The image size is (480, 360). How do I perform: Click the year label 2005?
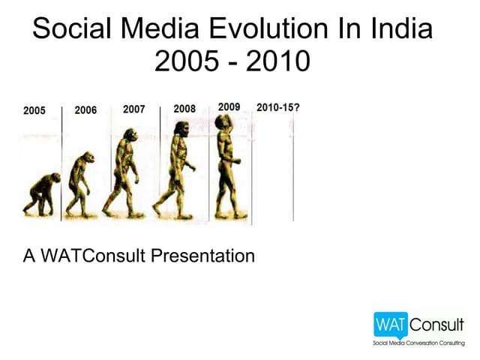point(34,111)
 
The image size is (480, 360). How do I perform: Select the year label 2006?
point(85,110)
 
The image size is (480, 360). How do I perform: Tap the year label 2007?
point(133,109)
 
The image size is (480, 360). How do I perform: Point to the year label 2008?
point(184,109)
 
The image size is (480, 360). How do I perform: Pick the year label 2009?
point(229,106)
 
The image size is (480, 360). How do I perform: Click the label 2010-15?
point(279,106)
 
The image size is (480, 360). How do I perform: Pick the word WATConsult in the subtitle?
point(92,256)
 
